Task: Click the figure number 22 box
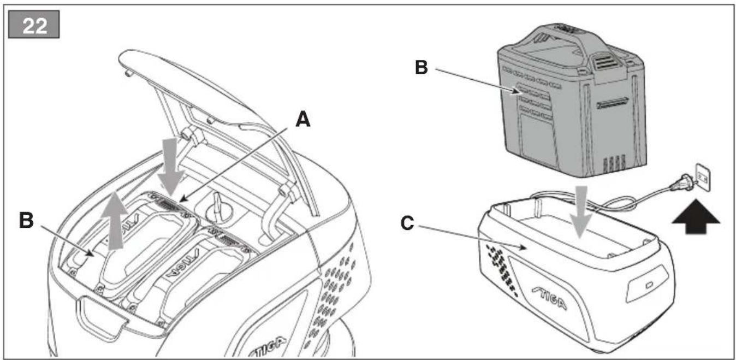34,25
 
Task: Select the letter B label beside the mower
26,220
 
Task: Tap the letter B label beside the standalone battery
422,67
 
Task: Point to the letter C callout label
407,223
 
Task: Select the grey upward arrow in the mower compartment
114,220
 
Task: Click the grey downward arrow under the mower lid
171,166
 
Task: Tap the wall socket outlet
703,178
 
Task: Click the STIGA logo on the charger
549,299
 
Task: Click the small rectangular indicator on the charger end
649,285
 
